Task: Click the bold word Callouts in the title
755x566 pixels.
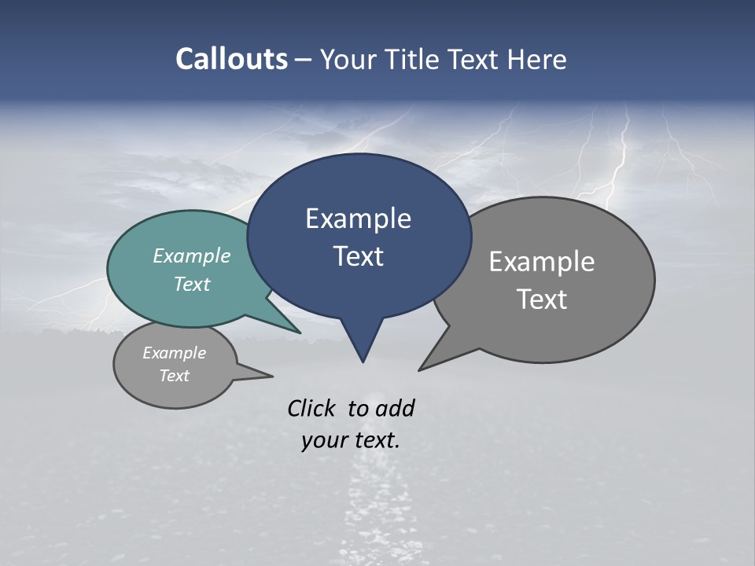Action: pyautogui.click(x=231, y=59)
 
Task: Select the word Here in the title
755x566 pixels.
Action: pyautogui.click(x=538, y=59)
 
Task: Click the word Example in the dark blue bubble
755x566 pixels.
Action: pyautogui.click(x=358, y=219)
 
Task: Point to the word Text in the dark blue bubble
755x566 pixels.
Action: pyautogui.click(x=358, y=256)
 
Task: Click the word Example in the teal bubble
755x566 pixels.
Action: pyautogui.click(x=192, y=255)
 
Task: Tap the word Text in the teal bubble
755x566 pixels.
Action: pyautogui.click(x=192, y=284)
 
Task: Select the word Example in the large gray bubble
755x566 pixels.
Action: pyautogui.click(x=542, y=262)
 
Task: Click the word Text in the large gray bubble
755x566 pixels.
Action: pyautogui.click(x=542, y=300)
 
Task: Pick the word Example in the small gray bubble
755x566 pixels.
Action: pyautogui.click(x=174, y=353)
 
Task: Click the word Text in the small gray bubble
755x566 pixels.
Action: pyautogui.click(x=174, y=376)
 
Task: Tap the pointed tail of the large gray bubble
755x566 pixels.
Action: pyautogui.click(x=425, y=366)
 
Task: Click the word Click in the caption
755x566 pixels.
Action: pyautogui.click(x=311, y=408)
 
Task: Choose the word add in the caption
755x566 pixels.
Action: pyautogui.click(x=395, y=408)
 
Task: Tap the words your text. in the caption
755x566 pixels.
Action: pyautogui.click(x=351, y=440)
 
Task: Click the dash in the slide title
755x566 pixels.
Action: pyautogui.click(x=304, y=59)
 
